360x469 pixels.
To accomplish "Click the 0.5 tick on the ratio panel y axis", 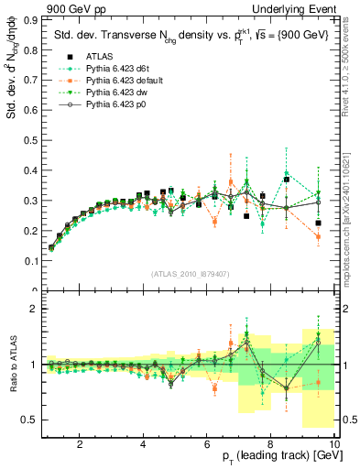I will (x=33, y=420).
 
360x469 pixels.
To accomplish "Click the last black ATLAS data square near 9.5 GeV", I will (x=318, y=223).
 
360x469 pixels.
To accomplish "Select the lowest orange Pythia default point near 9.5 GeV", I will (x=318, y=237).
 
